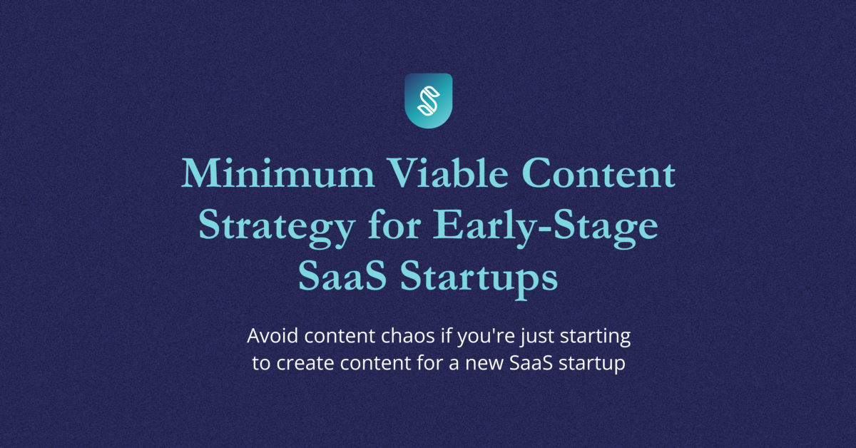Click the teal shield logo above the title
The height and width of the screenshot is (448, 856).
coord(429,101)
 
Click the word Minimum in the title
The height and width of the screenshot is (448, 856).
coord(277,173)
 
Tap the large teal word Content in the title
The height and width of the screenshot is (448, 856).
coord(598,173)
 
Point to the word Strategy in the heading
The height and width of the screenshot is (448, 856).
coord(277,228)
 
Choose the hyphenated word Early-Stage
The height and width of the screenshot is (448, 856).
coord(545,228)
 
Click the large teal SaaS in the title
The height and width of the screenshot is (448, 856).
coord(342,275)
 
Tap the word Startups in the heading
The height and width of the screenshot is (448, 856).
coord(479,279)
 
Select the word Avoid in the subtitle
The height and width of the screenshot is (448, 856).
coord(272,336)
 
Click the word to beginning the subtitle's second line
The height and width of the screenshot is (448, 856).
coord(261,363)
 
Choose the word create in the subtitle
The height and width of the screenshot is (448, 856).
coord(305,363)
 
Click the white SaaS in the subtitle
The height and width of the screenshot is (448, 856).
coord(531,363)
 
